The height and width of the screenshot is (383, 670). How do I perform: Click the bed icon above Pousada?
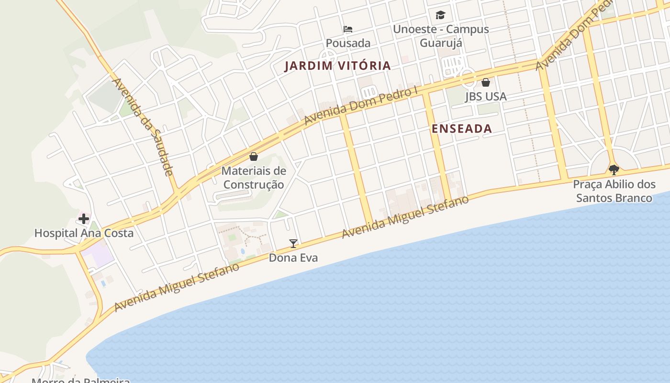[x=348, y=29]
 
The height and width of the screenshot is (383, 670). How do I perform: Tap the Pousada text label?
[x=348, y=43]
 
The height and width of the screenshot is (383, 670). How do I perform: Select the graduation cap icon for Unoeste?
[x=440, y=15]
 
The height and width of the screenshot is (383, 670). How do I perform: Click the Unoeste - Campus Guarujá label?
[x=441, y=36]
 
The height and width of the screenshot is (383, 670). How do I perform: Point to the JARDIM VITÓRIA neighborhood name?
[x=337, y=66]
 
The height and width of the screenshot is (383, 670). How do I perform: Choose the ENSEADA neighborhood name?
[x=461, y=128]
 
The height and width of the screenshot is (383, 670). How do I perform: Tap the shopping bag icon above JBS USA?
[x=486, y=82]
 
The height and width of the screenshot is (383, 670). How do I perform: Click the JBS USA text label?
[x=486, y=96]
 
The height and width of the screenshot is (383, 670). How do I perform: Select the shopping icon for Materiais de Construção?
[x=254, y=157]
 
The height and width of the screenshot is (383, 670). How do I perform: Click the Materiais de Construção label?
[x=254, y=178]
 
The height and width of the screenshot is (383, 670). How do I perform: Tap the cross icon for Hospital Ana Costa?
[x=84, y=219]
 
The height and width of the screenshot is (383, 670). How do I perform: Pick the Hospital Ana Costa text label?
[x=84, y=233]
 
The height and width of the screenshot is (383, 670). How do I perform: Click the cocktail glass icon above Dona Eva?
[x=293, y=244]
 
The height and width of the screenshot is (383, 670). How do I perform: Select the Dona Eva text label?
[x=293, y=258]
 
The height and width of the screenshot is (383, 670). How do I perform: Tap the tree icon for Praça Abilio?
[x=614, y=169]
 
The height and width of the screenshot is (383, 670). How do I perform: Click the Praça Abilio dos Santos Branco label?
[x=614, y=191]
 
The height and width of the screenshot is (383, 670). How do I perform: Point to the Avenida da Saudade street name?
[x=142, y=127]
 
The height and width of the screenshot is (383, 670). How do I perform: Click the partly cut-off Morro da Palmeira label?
[x=81, y=380]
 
